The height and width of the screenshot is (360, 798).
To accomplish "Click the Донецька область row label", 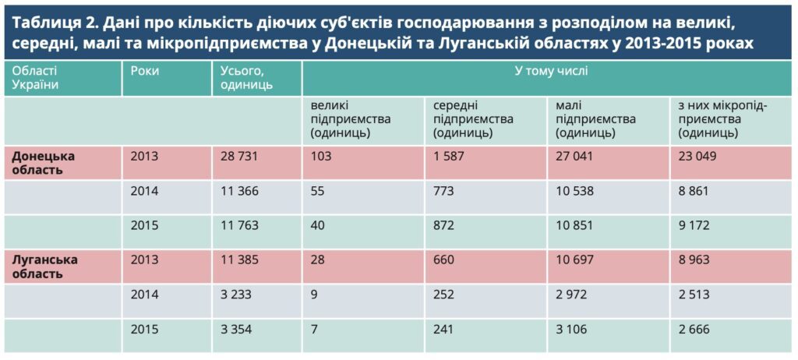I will point(48,162).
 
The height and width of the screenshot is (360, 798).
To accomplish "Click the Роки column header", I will point(145,71).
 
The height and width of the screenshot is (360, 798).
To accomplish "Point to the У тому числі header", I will point(551,71).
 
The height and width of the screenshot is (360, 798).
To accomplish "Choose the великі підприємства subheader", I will point(351,119).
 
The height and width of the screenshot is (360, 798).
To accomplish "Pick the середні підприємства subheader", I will point(473,119).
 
